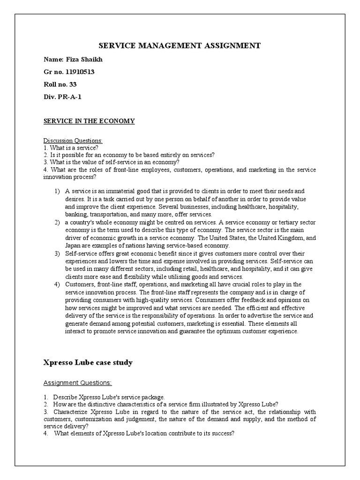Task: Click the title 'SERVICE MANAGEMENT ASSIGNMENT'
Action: [180, 45]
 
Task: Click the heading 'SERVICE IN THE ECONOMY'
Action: [89, 121]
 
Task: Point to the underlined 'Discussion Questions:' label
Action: [73, 141]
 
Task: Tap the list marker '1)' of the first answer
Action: [58, 191]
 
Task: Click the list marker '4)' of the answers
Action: [58, 285]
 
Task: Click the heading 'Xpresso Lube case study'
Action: [88, 362]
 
